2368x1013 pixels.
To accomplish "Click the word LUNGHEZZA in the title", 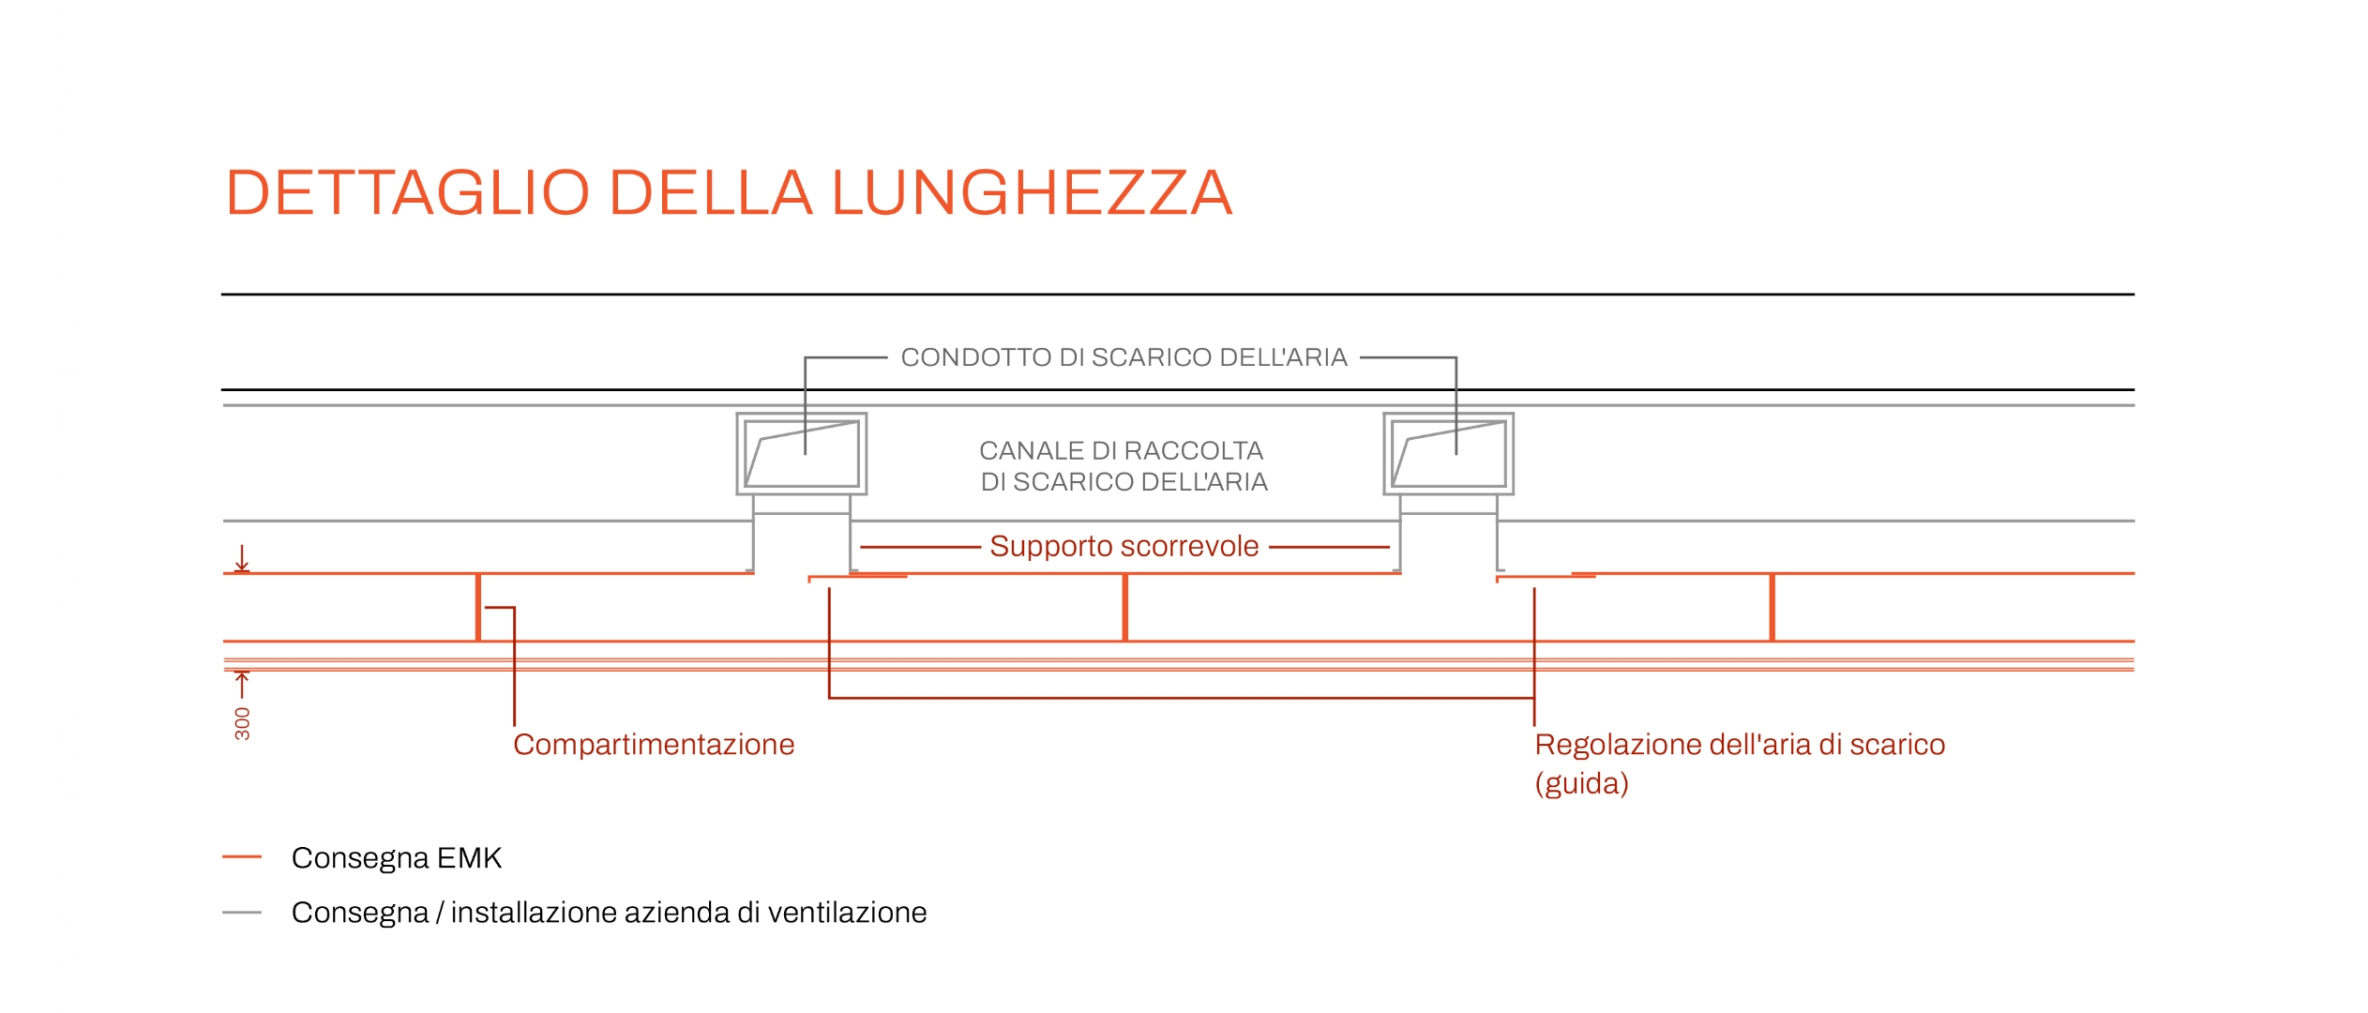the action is click(x=1032, y=193).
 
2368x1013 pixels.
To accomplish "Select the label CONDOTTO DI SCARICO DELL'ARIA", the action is click(x=1124, y=357).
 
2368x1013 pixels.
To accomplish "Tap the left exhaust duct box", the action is click(x=802, y=414).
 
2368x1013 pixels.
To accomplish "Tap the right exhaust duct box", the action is click(x=1449, y=414).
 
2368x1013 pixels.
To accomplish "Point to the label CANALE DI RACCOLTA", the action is click(x=1122, y=451).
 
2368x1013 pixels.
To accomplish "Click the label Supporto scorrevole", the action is click(x=1124, y=546).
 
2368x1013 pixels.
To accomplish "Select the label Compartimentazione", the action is click(x=654, y=745).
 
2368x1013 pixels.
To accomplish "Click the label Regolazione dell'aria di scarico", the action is click(x=1740, y=745).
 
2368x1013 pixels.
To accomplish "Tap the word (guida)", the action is click(x=1581, y=784).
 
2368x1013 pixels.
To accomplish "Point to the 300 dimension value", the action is click(x=242, y=723).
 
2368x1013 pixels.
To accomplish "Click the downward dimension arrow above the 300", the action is click(x=242, y=558).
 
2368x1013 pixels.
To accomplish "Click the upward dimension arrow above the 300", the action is click(x=242, y=685).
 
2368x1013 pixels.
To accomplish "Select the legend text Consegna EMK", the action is click(x=397, y=858).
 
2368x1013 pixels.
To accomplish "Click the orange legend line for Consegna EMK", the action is click(x=242, y=857).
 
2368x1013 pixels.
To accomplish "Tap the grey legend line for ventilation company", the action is click(x=242, y=913).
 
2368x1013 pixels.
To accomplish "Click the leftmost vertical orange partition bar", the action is click(x=478, y=608).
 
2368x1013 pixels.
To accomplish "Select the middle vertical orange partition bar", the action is click(x=1125, y=608).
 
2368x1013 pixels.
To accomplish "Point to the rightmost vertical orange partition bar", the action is click(x=1772, y=608).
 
